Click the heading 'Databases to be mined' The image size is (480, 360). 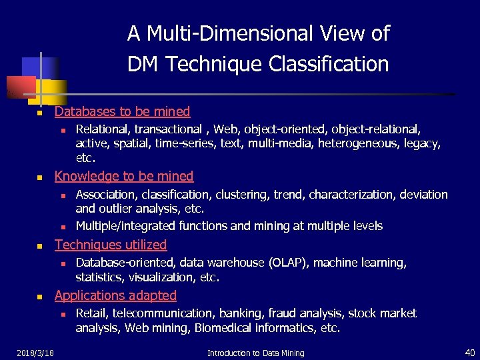pyautogui.click(x=122, y=111)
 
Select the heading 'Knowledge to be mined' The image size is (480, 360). pyautogui.click(x=124, y=176)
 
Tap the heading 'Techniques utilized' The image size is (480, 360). pyautogui.click(x=111, y=245)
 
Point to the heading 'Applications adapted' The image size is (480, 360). pyautogui.click(x=115, y=295)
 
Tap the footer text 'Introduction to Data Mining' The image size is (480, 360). pyautogui.click(x=255, y=353)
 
